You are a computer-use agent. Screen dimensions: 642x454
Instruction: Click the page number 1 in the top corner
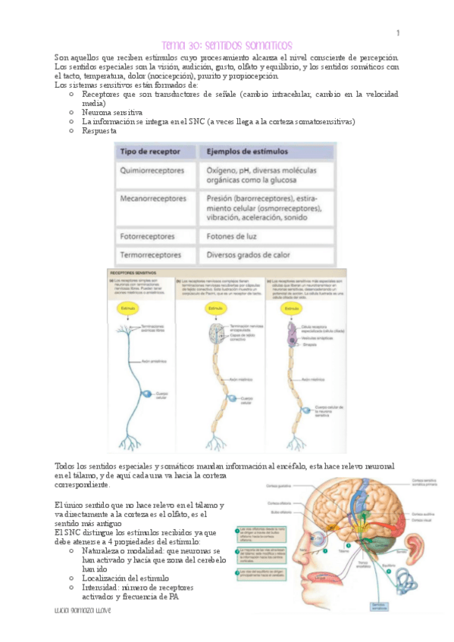click(397, 33)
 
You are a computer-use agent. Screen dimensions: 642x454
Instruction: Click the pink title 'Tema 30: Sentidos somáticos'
click(227, 45)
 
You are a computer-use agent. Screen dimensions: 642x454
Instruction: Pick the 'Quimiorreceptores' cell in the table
click(152, 171)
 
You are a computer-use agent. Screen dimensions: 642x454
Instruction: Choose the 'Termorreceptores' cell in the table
click(151, 255)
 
